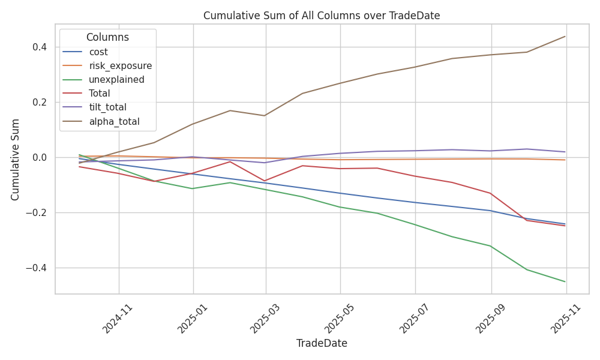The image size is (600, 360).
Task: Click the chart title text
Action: point(322,16)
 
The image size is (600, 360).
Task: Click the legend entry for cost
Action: point(98,52)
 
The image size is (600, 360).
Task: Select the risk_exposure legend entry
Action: point(120,66)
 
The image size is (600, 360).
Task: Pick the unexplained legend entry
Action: point(116,80)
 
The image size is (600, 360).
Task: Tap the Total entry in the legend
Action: point(99,94)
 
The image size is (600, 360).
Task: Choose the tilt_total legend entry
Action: point(107,107)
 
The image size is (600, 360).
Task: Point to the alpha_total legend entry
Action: point(114,121)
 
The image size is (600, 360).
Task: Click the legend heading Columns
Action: point(107,37)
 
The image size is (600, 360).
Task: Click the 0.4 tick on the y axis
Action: point(40,47)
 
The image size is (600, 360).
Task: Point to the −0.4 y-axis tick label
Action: point(37,268)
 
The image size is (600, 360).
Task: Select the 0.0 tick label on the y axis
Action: point(40,157)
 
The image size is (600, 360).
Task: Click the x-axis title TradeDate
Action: point(322,344)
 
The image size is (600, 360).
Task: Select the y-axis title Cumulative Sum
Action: point(16,159)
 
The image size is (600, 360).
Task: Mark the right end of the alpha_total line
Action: point(565,37)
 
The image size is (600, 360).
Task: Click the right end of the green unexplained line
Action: point(565,281)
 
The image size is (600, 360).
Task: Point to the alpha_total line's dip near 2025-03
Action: point(265,115)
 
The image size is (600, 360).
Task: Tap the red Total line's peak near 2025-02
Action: point(230,161)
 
